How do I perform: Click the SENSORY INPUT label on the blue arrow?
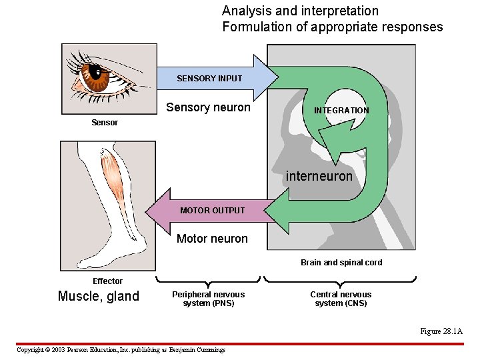tap(209, 79)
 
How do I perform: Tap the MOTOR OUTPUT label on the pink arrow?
tap(212, 211)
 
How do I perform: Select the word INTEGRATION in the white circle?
tap(341, 111)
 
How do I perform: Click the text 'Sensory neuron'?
tap(208, 107)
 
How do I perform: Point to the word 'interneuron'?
tap(319, 177)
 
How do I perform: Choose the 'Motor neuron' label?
tap(212, 239)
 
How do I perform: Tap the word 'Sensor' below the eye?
tap(105, 123)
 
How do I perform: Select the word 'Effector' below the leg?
tap(107, 281)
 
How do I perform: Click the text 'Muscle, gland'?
tap(99, 297)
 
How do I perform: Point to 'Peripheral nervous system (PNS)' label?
tap(208, 299)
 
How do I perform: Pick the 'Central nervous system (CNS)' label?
tap(341, 299)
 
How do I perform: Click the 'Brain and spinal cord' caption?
tap(341, 263)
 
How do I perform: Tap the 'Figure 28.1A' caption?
tap(441, 331)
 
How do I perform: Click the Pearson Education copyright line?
tap(121, 350)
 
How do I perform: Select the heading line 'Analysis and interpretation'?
tap(300, 11)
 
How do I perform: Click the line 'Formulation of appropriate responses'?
tap(332, 27)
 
